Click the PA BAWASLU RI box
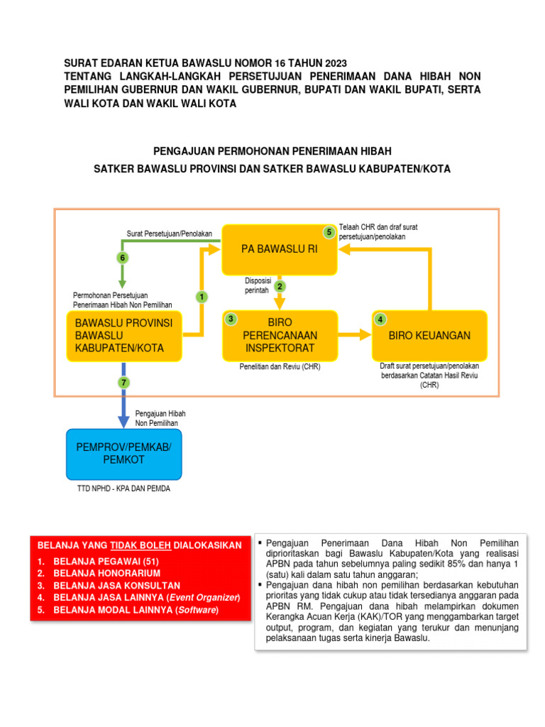pyautogui.click(x=279, y=250)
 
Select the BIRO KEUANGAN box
pyautogui.click(x=429, y=335)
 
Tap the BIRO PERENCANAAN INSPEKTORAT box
pyautogui.click(x=280, y=335)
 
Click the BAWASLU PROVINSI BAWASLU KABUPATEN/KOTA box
pyautogui.click(x=124, y=336)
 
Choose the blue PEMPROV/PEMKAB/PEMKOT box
pyautogui.click(x=123, y=454)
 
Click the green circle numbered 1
pyautogui.click(x=202, y=296)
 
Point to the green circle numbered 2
pyautogui.click(x=280, y=286)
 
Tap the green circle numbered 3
pyautogui.click(x=231, y=319)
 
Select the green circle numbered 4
pyautogui.click(x=380, y=319)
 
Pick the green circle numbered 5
pyautogui.click(x=329, y=232)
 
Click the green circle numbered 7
pyautogui.click(x=123, y=383)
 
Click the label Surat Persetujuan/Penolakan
pyautogui.click(x=170, y=234)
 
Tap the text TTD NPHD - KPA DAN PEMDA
pyautogui.click(x=123, y=488)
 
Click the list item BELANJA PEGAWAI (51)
pyautogui.click(x=100, y=561)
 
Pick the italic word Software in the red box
pyautogui.click(x=197, y=609)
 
